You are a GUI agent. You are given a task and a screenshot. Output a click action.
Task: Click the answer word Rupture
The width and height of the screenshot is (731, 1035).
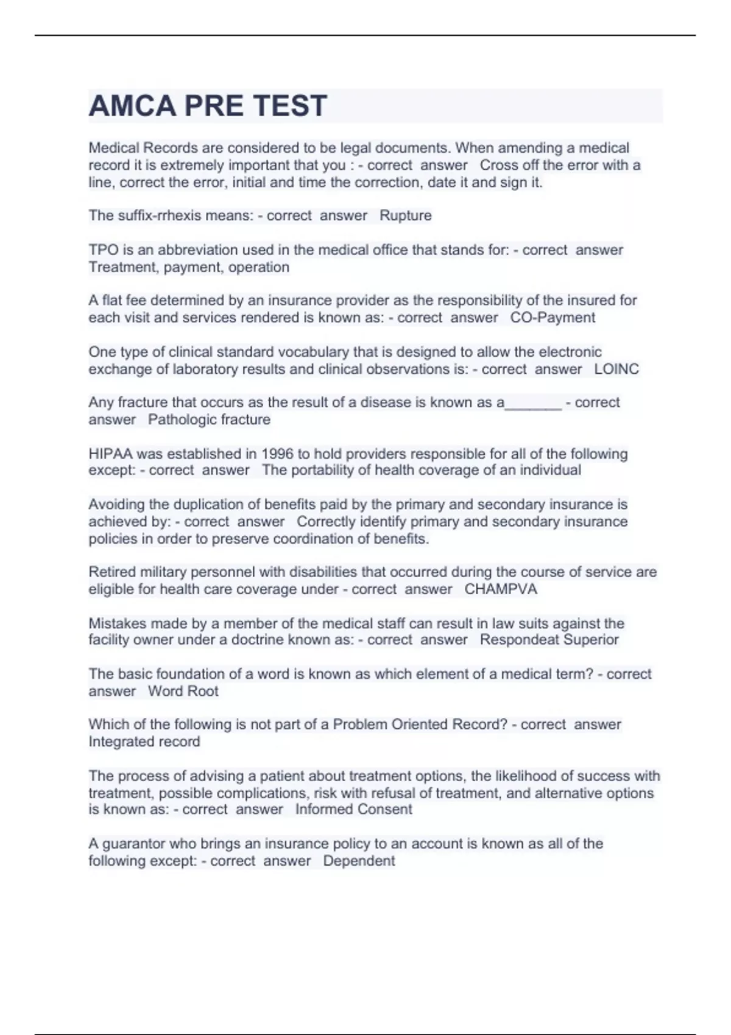405,216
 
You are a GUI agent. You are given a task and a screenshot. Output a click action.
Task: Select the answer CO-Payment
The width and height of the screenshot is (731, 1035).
553,317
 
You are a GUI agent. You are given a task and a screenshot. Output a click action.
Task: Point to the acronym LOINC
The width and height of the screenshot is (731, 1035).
616,369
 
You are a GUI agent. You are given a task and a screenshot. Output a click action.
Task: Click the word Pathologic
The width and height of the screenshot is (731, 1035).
182,419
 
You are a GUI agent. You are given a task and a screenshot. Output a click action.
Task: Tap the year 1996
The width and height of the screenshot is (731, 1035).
277,454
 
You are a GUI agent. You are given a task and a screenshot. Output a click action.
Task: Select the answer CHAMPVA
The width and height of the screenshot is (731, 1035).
501,589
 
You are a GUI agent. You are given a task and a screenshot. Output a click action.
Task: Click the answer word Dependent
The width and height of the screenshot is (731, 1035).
359,861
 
